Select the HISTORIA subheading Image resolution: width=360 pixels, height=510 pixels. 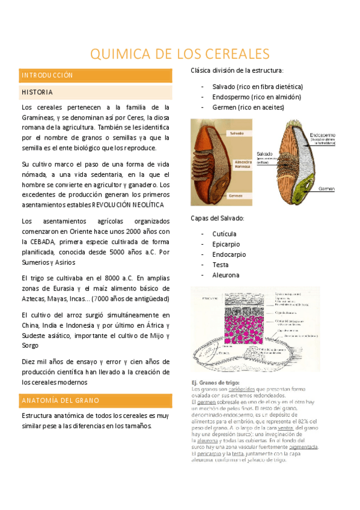pos(37,93)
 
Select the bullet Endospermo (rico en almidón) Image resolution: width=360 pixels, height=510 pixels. pos(257,97)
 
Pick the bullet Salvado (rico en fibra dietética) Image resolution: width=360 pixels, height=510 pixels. pos(261,87)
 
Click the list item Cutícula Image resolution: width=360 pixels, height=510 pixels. pos(224,233)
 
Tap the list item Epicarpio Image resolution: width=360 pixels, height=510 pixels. pos(225,244)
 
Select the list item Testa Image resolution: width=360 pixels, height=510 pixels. pos(221,265)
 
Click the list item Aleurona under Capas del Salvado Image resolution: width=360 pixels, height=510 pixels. pos(225,275)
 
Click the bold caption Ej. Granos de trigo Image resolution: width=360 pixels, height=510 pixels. pos(215,382)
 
